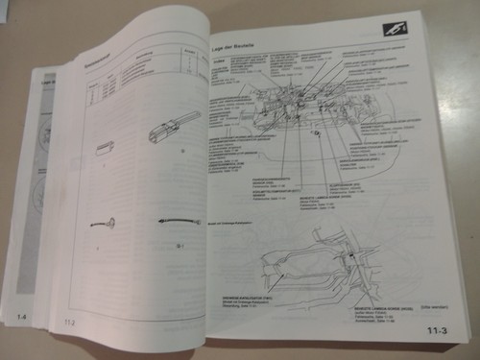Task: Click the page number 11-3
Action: coord(437,333)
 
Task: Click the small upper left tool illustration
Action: coord(107,148)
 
